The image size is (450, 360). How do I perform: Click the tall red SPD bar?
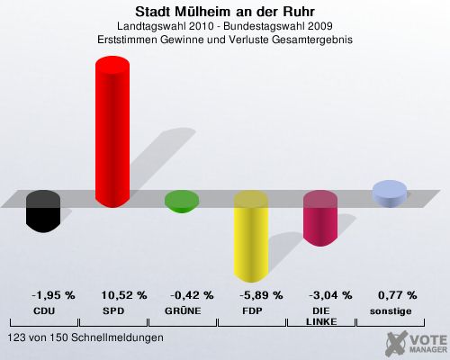point(112,131)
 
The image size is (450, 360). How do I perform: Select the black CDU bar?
point(43,211)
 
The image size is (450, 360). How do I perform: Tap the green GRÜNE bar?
point(182,202)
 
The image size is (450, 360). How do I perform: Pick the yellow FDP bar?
point(251,236)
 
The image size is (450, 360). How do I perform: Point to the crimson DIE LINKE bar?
point(320,218)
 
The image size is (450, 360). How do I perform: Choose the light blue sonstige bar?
point(390,193)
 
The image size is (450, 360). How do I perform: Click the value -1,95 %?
point(53,295)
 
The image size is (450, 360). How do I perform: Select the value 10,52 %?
point(124,295)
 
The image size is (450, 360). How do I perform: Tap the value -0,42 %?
point(192,295)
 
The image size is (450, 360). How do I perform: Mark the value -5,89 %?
point(261,295)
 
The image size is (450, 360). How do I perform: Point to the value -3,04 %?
point(330,295)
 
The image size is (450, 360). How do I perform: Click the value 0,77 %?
point(397,295)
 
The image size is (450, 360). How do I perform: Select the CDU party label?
point(44,311)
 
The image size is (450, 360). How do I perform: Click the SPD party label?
point(113,311)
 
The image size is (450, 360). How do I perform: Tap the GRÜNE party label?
point(183,310)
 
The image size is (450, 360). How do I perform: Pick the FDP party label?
point(252,311)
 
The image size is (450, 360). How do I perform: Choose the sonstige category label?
point(391,311)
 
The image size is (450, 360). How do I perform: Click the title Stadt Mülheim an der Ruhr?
point(225,12)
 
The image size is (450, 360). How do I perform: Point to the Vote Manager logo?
point(417,344)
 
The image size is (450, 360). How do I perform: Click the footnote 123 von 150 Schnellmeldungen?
point(85,337)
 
